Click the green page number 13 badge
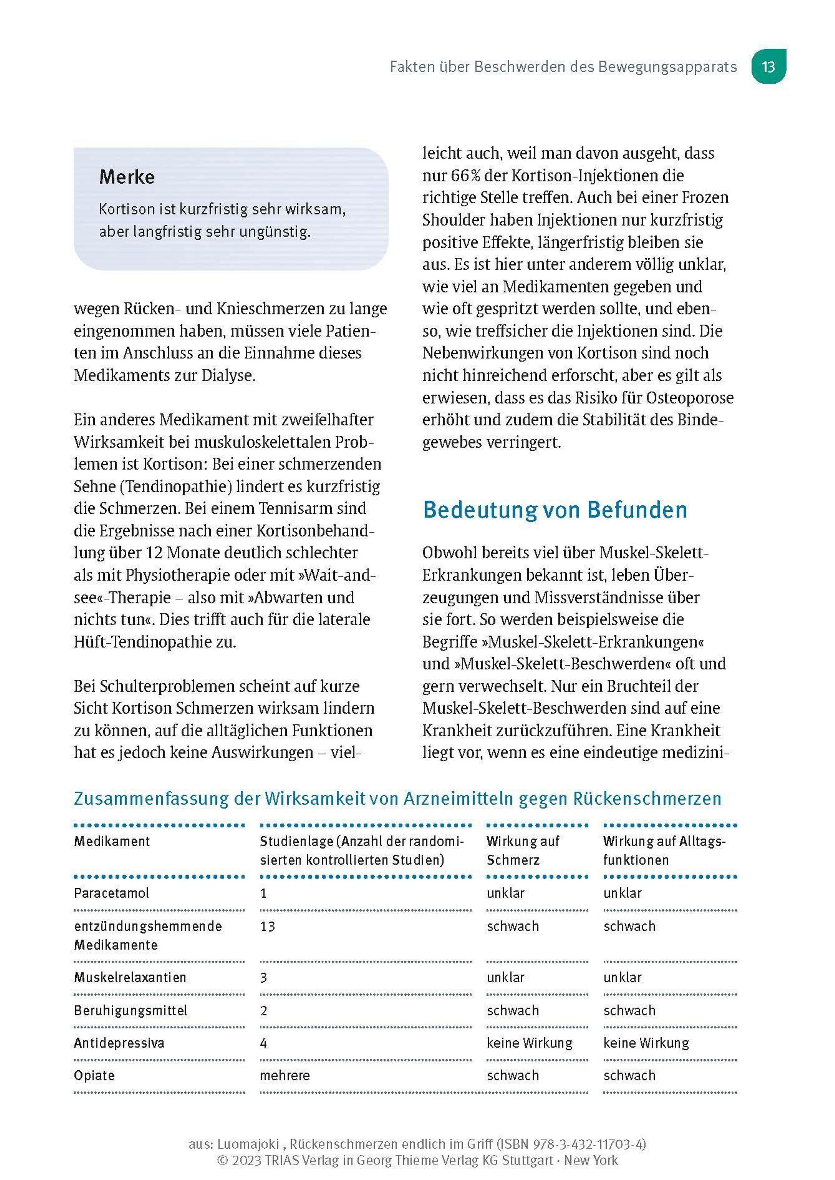click(x=768, y=67)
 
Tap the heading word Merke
click(x=127, y=177)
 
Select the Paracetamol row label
click(x=112, y=893)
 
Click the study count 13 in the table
click(x=267, y=926)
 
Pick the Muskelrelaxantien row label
click(x=130, y=977)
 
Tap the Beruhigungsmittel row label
click(x=130, y=1010)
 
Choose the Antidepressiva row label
click(x=119, y=1043)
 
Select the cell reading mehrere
click(x=285, y=1076)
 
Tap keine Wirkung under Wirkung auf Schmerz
click(x=530, y=1043)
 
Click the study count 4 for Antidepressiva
click(x=263, y=1043)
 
